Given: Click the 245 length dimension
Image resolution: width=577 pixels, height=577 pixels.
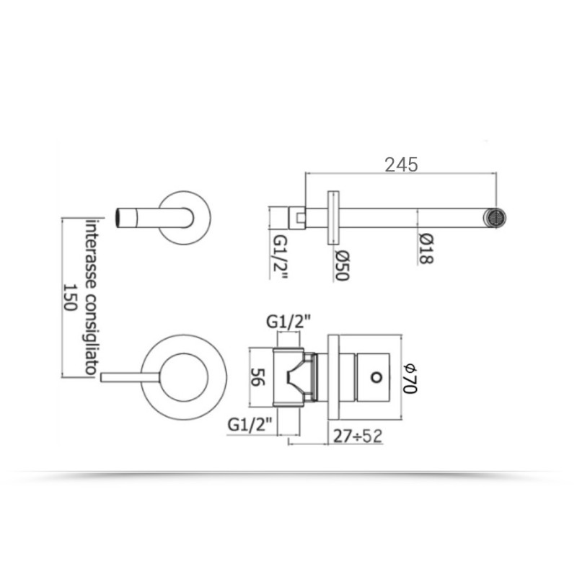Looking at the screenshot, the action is pos(401,165).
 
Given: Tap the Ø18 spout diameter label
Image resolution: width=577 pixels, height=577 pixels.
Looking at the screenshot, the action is pos(426,249).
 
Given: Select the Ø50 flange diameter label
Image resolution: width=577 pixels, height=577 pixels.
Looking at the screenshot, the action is pos(341,265).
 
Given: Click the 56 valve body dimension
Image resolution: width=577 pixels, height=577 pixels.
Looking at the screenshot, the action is pos(257,377).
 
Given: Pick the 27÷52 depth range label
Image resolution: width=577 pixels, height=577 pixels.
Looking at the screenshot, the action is pos(358,436).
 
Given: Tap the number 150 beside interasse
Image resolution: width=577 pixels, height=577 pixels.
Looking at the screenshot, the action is pos(69,297).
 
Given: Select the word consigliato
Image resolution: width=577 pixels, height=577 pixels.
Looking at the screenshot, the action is pos(91,334).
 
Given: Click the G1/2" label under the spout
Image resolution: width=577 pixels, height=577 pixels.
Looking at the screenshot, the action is pos(280,257).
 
